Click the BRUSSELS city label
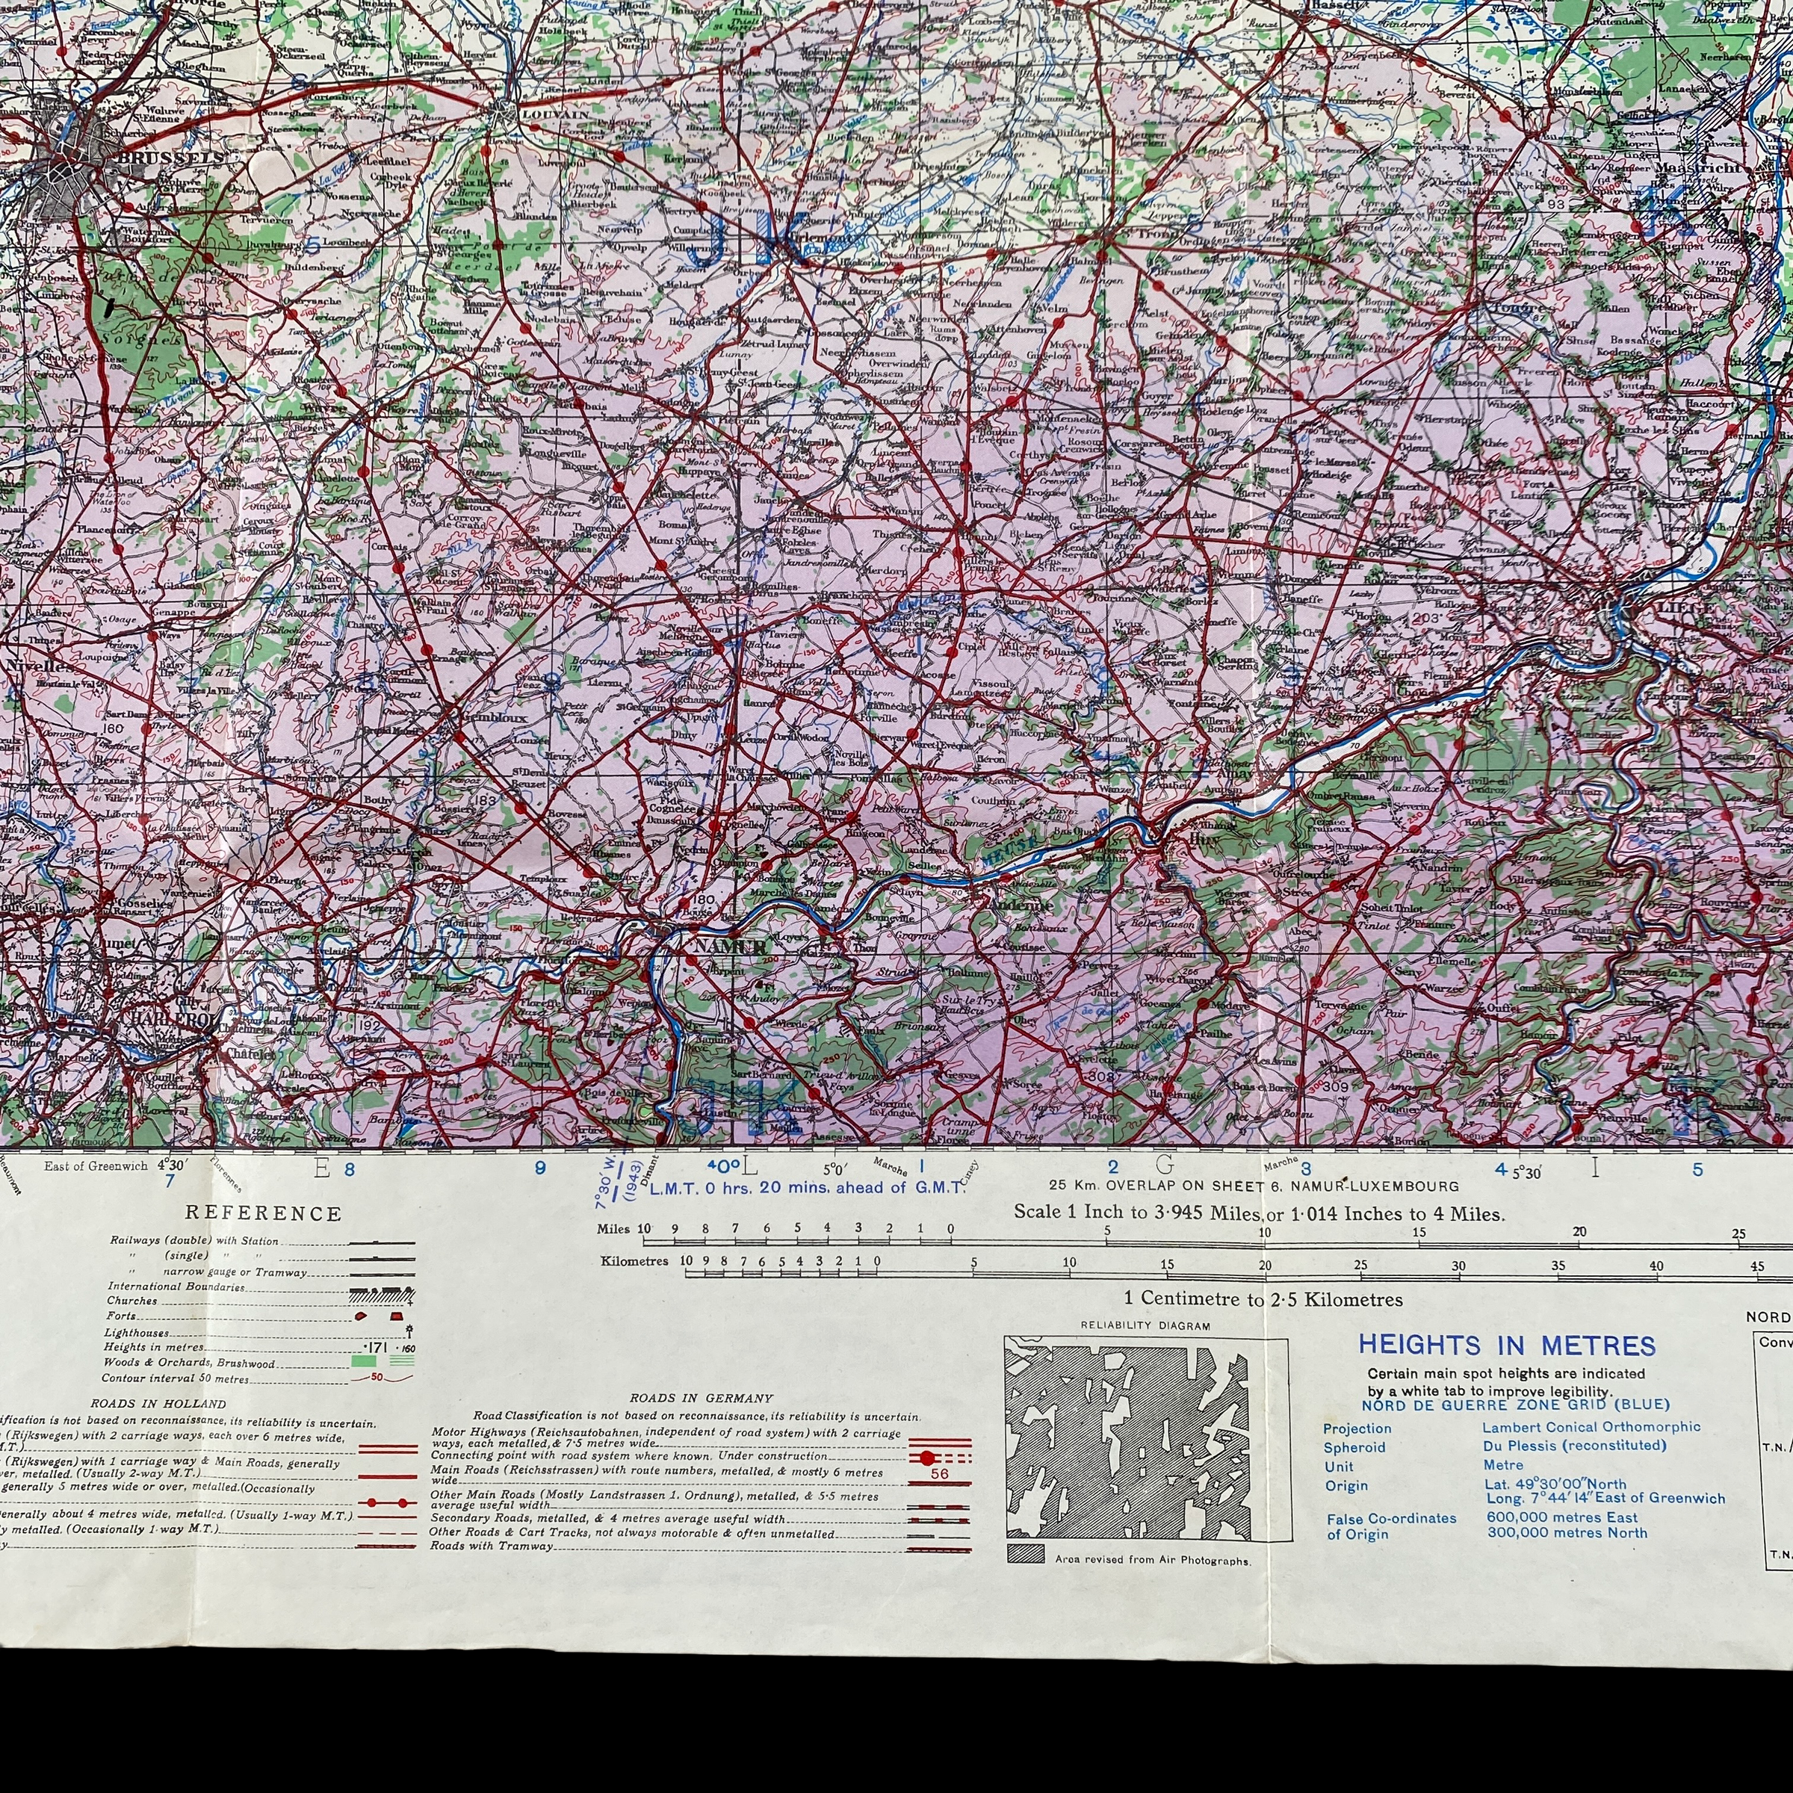pos(171,157)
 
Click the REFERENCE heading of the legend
pos(264,1214)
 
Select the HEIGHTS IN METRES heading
pos(1506,1345)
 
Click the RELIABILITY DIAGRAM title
pos(1145,1326)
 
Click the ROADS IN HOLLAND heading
pos(158,1403)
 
